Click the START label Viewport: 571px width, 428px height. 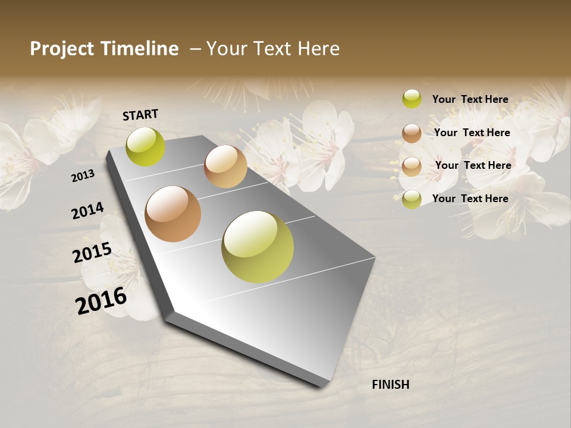(140, 115)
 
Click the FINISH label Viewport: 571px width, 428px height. (390, 385)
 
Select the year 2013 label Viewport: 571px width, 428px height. (83, 175)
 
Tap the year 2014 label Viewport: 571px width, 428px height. (87, 211)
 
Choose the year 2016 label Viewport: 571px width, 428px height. (101, 300)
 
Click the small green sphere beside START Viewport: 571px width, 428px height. (146, 147)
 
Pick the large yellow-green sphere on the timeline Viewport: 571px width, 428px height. (258, 247)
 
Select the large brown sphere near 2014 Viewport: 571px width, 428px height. (173, 214)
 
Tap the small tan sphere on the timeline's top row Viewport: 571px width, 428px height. (225, 166)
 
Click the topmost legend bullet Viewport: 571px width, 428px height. (412, 99)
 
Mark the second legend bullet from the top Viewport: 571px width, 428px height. (412, 133)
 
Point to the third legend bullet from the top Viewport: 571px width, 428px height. (412, 166)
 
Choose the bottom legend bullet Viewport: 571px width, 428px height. (412, 199)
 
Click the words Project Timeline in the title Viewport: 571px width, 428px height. (104, 49)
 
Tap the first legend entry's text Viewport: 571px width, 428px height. (470, 99)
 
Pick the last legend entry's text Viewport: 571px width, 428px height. (470, 199)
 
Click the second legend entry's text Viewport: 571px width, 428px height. (472, 133)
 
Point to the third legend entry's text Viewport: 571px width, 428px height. (473, 165)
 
